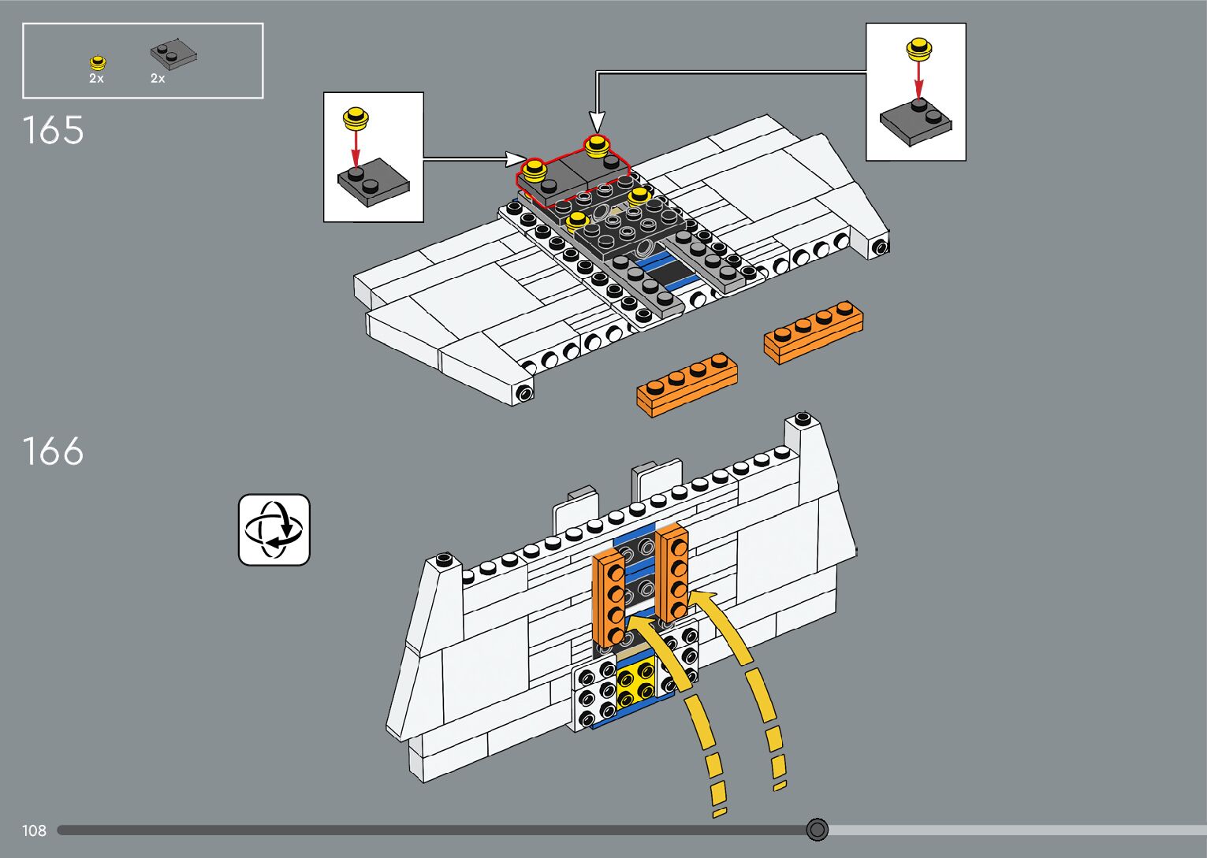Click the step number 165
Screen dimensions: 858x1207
tap(53, 131)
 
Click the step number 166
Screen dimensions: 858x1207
tap(53, 452)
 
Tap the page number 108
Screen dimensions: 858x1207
tap(34, 830)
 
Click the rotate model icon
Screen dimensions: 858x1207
tap(274, 529)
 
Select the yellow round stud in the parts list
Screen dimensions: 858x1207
tap(98, 62)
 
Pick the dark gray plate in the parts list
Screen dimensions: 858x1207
tap(173, 54)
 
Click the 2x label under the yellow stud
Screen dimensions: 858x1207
tap(96, 79)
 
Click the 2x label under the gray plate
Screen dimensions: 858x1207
tap(158, 79)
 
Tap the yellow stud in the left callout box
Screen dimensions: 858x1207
tap(356, 119)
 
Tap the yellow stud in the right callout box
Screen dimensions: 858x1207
tap(918, 50)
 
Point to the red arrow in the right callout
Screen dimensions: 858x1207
tap(918, 79)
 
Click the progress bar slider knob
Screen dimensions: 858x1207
tap(818, 830)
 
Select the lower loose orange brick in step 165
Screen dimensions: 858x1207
tap(687, 384)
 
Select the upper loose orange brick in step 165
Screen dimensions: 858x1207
tap(813, 331)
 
